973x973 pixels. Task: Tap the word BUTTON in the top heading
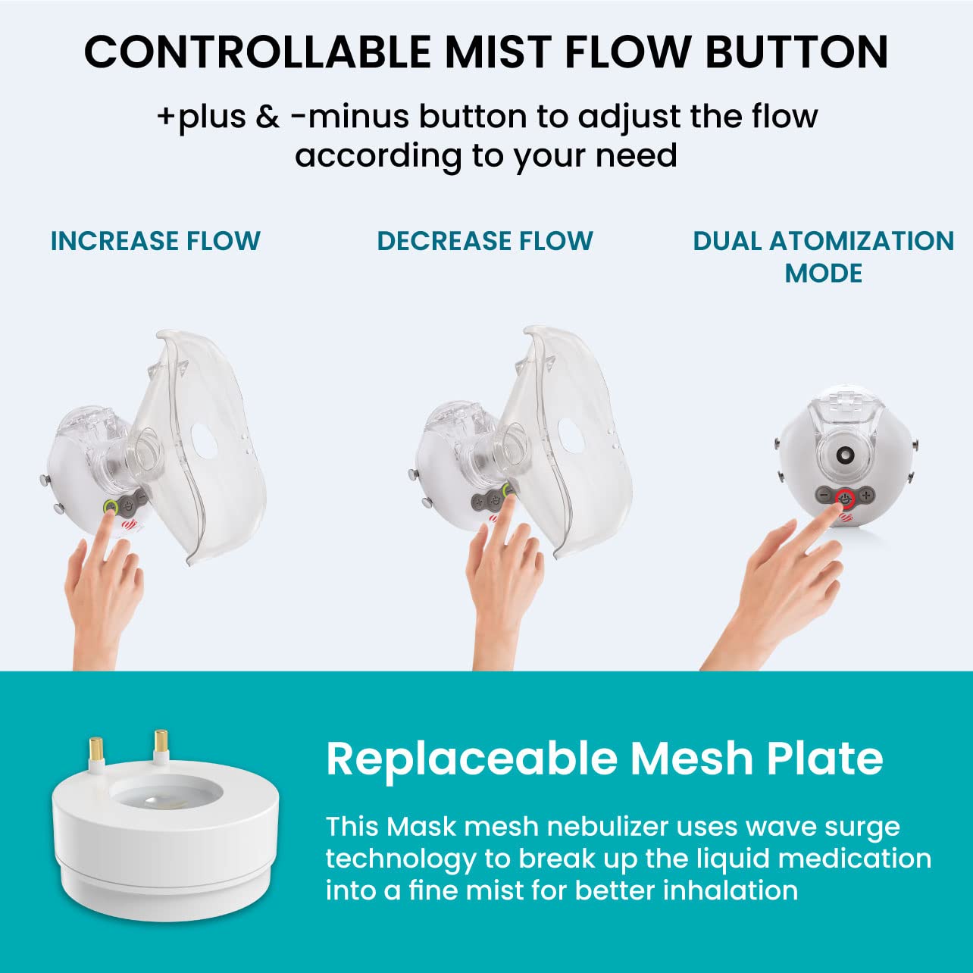[796, 52]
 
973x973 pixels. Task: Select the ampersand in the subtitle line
[267, 116]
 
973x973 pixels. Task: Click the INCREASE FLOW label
[155, 241]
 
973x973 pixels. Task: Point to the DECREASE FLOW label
[485, 241]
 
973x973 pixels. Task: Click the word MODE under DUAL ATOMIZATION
[824, 273]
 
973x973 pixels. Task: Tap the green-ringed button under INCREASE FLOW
[110, 506]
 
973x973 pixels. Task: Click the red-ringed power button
[845, 499]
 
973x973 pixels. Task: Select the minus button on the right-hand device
[824, 496]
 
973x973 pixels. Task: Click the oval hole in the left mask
[204, 442]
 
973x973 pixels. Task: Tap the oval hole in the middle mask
[571, 435]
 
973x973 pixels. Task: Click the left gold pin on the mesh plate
[95, 748]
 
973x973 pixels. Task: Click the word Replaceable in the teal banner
[472, 759]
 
